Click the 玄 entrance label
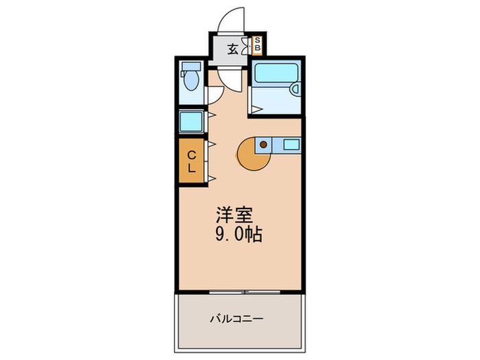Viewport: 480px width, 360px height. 233,49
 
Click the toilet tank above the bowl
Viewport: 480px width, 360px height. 191,68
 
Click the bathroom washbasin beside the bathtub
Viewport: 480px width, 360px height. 296,88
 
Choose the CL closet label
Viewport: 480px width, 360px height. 191,161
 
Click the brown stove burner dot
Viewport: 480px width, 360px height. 263,145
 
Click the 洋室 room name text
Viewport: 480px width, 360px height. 233,215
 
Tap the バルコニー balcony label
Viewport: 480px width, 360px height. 237,318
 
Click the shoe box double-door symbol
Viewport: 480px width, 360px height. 246,49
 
